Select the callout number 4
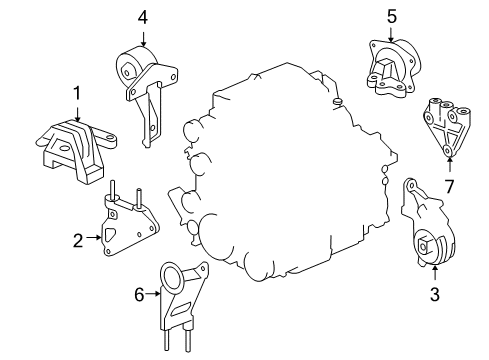143,16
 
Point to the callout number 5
392,16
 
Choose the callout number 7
449,186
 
